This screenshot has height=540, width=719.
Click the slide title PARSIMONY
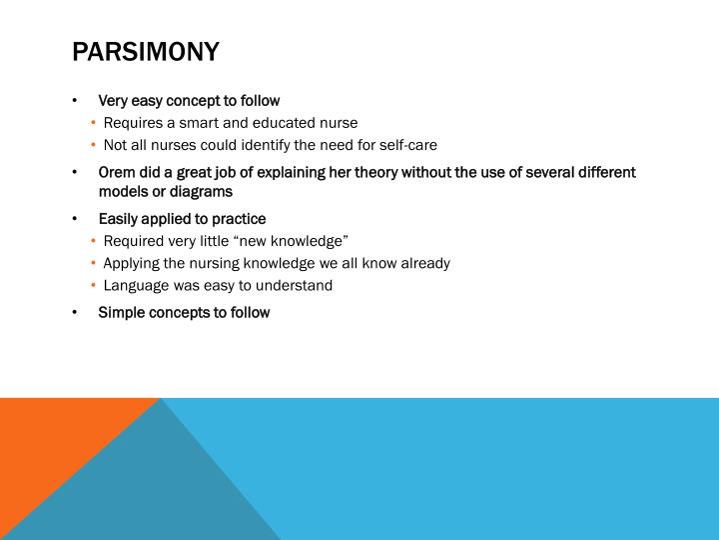pyautogui.click(x=145, y=51)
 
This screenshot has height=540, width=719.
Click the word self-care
pyautogui.click(x=404, y=144)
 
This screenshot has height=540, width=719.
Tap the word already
pyautogui.click(x=423, y=263)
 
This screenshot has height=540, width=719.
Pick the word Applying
pyautogui.click(x=133, y=263)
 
